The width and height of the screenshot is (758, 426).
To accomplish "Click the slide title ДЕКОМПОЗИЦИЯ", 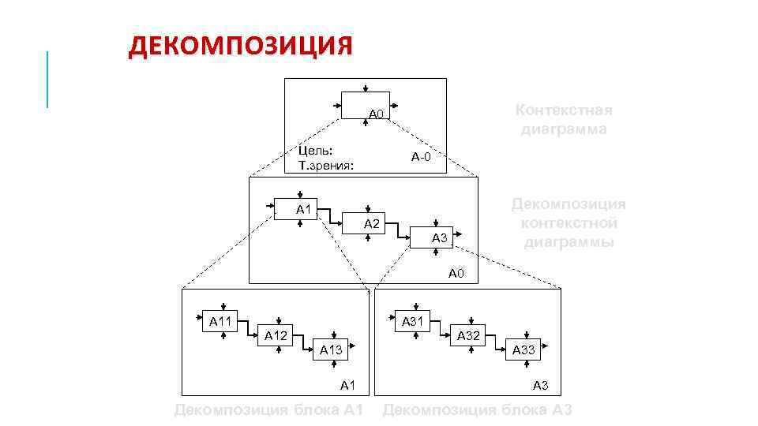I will [x=241, y=46].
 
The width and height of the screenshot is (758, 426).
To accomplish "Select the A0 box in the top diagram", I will [x=366, y=105].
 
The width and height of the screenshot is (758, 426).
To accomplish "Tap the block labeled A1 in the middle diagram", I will [x=295, y=209].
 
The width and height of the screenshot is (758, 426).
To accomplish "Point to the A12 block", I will [x=277, y=335].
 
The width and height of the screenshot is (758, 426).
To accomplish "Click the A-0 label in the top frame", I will [x=421, y=157].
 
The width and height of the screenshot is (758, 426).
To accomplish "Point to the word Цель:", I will [x=315, y=150].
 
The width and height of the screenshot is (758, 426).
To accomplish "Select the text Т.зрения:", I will [x=325, y=166].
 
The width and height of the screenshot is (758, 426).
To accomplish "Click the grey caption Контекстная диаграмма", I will [x=563, y=119].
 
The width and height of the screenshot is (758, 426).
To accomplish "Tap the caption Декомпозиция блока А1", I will [x=268, y=409].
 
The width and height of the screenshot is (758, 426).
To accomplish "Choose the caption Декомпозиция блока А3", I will [x=477, y=409].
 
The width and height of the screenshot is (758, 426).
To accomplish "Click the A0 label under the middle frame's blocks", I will [x=457, y=275].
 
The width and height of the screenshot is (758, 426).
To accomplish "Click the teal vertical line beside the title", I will [x=47, y=79].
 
